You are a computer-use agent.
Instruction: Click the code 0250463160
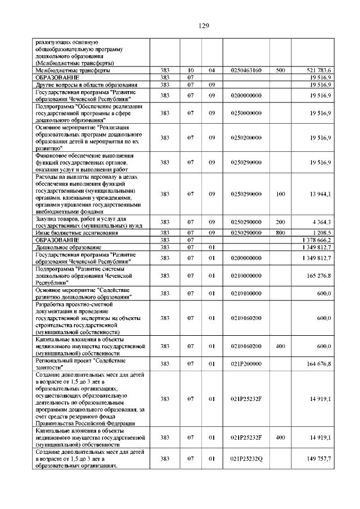point(246,70)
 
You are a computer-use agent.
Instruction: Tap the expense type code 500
point(280,70)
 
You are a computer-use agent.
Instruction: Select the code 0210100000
point(246,294)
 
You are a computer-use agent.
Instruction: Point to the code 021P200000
point(246,364)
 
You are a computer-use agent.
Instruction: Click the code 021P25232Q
point(246,459)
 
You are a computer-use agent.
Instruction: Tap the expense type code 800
point(280,232)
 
